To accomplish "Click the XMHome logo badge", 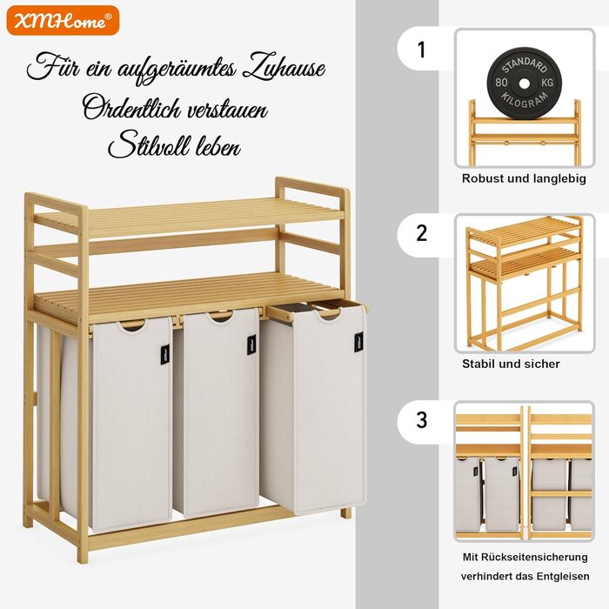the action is coord(63,20).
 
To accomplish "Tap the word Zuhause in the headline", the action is coord(283,69).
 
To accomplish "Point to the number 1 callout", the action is coord(421,50).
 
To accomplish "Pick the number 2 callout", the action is coord(421,233).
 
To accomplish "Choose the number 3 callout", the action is coord(421,420).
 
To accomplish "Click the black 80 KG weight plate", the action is coord(524,83).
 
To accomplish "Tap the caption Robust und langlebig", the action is coord(524,178).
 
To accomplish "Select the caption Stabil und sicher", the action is coord(511,364).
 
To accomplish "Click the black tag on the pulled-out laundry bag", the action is coord(358,342).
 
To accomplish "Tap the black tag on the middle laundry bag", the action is coord(252,345).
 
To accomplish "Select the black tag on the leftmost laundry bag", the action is coord(165,355).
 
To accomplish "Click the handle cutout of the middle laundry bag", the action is coord(221,317).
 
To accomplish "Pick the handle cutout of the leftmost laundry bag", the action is coord(132,326).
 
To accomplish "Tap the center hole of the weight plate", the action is coord(524,83).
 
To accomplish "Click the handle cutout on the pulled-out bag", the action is coord(328,314).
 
